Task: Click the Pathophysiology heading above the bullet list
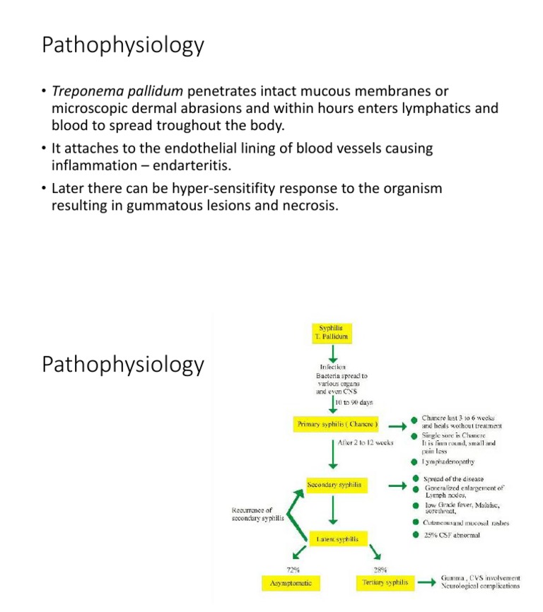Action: [x=123, y=45]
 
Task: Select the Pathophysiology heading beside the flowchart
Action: [x=123, y=365]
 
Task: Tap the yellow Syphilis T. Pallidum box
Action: [x=332, y=333]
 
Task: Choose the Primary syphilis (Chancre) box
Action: [x=336, y=425]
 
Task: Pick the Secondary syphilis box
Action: [x=334, y=486]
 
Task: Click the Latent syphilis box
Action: [x=337, y=539]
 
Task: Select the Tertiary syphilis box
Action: [x=385, y=583]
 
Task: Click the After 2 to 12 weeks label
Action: [x=366, y=442]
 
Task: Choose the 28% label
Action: [x=380, y=569]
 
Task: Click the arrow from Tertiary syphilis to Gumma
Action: [x=426, y=583]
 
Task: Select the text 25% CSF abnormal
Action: [x=451, y=535]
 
